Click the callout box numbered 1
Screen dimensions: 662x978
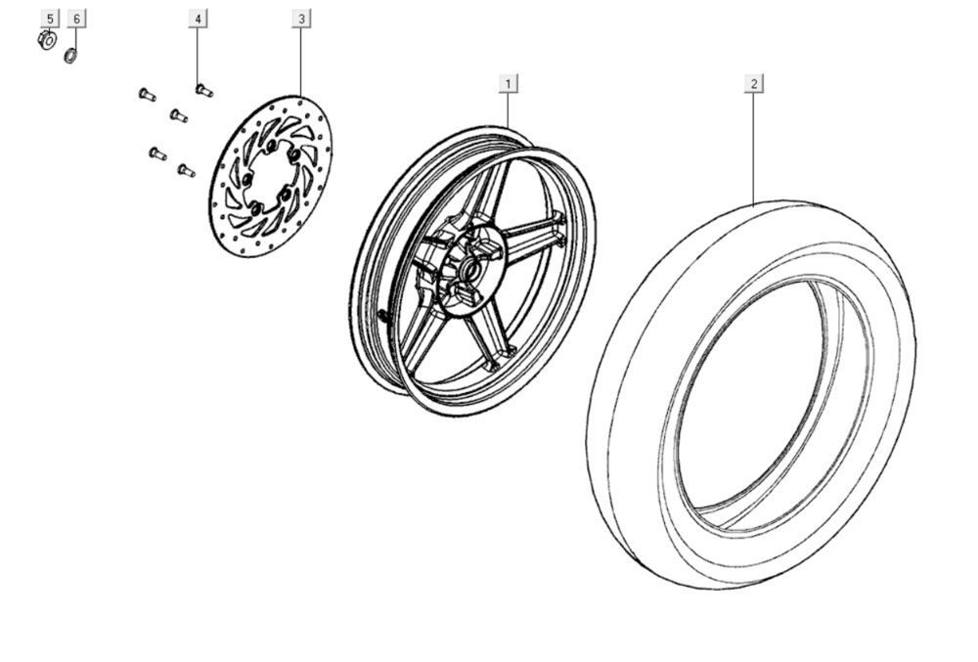(x=508, y=83)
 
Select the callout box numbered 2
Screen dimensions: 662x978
(x=753, y=83)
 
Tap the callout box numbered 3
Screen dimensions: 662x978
(x=301, y=19)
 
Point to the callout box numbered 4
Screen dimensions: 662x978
(x=198, y=19)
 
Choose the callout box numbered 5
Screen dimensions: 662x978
(x=50, y=19)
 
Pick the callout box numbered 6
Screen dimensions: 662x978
(x=77, y=19)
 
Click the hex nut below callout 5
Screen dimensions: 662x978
(x=46, y=41)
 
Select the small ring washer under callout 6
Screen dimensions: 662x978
(x=70, y=55)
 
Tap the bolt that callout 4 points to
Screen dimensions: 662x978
(x=203, y=90)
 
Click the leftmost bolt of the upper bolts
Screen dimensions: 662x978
(x=147, y=94)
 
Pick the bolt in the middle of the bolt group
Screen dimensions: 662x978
(x=178, y=115)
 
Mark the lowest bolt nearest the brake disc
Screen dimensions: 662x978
(x=185, y=170)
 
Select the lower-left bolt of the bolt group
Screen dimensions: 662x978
(x=156, y=154)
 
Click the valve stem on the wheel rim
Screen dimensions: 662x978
(x=383, y=314)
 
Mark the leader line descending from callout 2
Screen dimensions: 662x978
(x=753, y=147)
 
